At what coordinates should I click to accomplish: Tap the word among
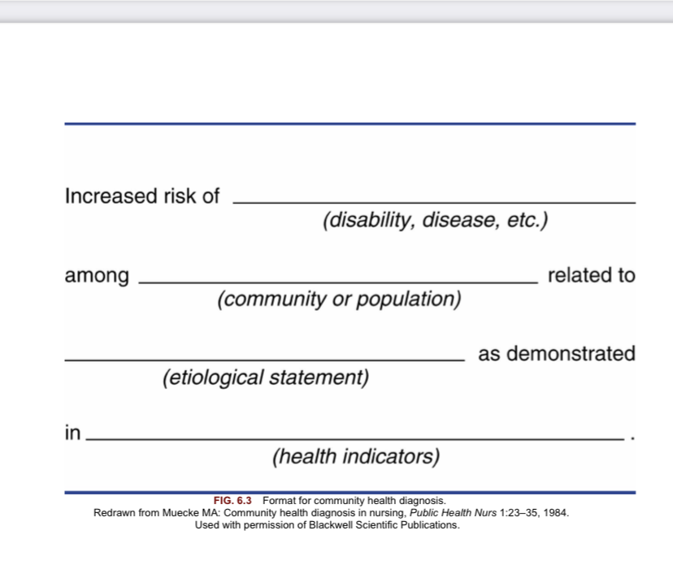pyautogui.click(x=97, y=276)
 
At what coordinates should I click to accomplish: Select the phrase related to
pyautogui.click(x=592, y=275)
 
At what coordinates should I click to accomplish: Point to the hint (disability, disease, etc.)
pyautogui.click(x=435, y=220)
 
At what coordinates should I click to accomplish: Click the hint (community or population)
pyautogui.click(x=339, y=300)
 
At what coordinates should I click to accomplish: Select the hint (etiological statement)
pyautogui.click(x=266, y=377)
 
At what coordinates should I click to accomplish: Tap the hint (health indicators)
pyautogui.click(x=356, y=456)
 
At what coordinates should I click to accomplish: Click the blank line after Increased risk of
pyautogui.click(x=434, y=202)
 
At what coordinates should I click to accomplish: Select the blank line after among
pyautogui.click(x=338, y=282)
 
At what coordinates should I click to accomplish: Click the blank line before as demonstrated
pyautogui.click(x=265, y=360)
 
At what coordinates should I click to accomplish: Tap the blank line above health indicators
pyautogui.click(x=355, y=439)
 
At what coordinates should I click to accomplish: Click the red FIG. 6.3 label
pyautogui.click(x=232, y=501)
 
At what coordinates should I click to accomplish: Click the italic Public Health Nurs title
pyautogui.click(x=453, y=513)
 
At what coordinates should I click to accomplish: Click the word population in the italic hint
pyautogui.click(x=409, y=300)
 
